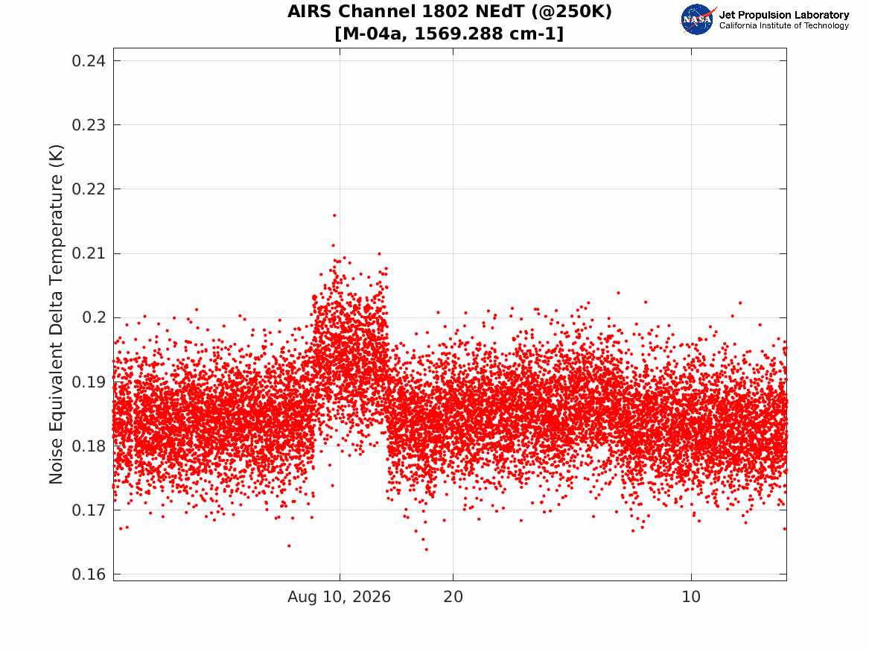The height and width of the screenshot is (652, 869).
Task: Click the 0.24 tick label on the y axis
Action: click(89, 60)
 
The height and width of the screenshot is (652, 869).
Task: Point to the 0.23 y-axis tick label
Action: click(89, 124)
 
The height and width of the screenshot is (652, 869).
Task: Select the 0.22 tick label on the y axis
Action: click(89, 189)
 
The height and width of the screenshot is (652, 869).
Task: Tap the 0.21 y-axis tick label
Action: click(89, 253)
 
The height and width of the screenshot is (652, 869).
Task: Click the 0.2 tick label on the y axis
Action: click(94, 317)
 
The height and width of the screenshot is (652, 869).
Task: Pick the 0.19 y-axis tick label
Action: click(89, 382)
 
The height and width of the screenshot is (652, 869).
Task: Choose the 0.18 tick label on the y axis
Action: click(89, 446)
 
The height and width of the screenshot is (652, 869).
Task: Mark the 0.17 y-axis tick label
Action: click(89, 510)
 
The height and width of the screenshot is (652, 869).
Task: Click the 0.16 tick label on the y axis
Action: click(89, 575)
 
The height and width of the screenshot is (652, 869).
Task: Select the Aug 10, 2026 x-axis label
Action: click(339, 597)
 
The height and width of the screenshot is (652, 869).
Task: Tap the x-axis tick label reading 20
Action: click(453, 597)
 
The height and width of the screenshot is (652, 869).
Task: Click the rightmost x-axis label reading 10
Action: click(691, 597)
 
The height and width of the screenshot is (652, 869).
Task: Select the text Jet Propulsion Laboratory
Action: click(784, 15)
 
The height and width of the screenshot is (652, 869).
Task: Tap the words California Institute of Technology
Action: click(784, 25)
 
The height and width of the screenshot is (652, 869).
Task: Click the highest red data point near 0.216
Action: click(334, 215)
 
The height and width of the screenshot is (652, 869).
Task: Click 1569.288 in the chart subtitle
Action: click(453, 34)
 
